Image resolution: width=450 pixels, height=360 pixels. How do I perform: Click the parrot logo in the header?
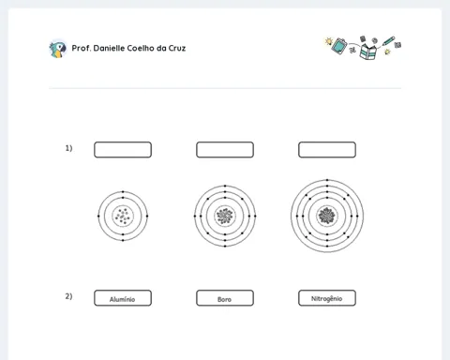(58, 49)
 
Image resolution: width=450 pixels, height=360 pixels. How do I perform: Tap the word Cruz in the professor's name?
(177, 48)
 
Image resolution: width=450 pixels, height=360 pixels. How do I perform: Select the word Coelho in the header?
(141, 48)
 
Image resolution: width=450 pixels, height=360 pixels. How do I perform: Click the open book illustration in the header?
(368, 52)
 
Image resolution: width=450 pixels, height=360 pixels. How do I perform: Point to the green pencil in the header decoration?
(388, 41)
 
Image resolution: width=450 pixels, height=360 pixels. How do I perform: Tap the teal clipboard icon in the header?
(339, 46)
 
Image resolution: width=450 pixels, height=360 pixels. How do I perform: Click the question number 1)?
(68, 148)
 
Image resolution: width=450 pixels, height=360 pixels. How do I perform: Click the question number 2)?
(68, 296)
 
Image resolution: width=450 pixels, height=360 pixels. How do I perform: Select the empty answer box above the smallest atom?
(123, 150)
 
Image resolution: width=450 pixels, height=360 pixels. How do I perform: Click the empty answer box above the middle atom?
(225, 150)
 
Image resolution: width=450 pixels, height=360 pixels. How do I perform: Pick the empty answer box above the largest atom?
(327, 150)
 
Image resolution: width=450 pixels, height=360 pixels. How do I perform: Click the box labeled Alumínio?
(123, 298)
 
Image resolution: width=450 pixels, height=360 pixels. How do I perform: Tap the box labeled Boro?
(225, 298)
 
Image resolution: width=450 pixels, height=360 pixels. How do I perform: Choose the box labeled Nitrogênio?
(327, 298)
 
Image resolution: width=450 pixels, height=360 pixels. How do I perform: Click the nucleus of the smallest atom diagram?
(123, 216)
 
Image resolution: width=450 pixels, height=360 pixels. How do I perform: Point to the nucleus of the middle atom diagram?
(225, 216)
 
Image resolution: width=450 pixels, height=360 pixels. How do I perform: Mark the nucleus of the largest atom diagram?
(327, 216)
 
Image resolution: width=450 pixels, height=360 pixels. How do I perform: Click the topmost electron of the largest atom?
(327, 180)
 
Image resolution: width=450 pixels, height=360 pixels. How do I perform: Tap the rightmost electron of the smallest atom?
(147, 216)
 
